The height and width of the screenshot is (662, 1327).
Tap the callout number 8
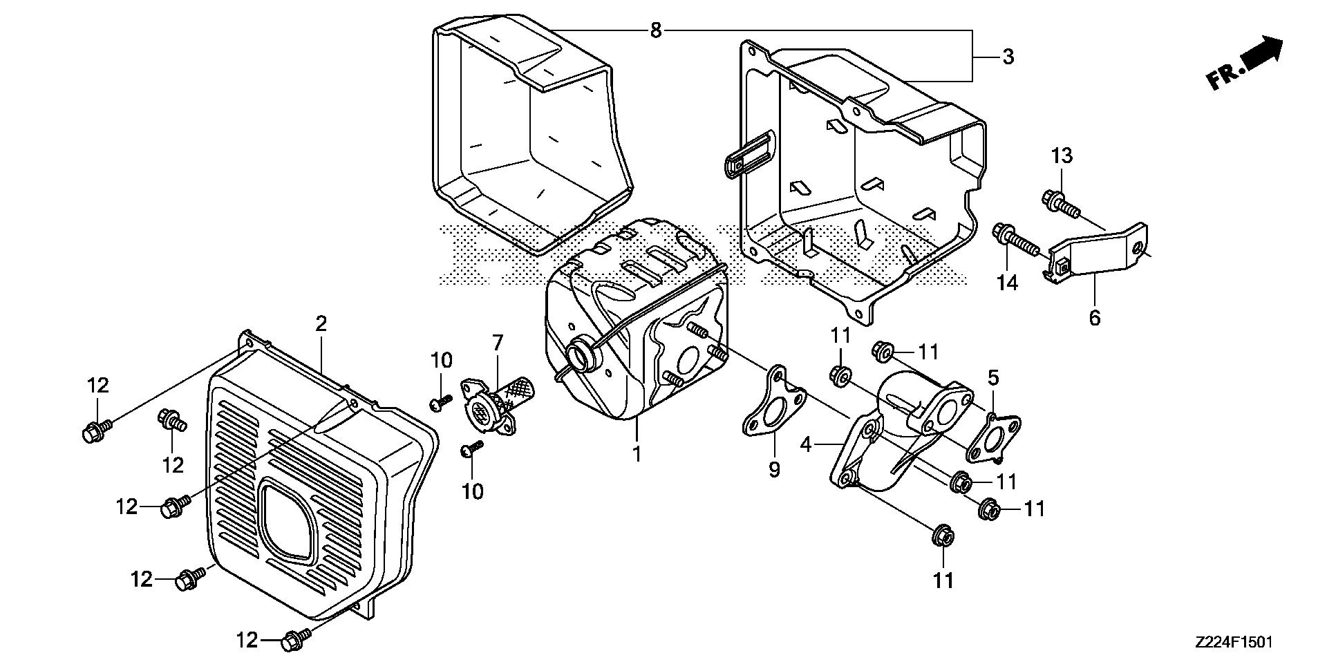coord(656,30)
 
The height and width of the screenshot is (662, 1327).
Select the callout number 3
coord(1008,57)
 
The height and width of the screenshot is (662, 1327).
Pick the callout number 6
coord(1094,318)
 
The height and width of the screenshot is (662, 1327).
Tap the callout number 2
coord(321,323)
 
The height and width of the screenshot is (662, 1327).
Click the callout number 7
coord(498,342)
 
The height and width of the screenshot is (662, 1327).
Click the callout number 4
coord(805,444)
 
